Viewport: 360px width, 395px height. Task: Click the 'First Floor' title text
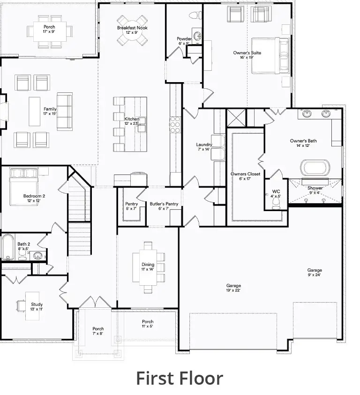[180, 378]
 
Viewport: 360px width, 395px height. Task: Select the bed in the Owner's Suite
[270, 56]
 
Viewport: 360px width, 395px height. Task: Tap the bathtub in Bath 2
[7, 247]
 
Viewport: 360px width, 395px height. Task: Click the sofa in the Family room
[64, 112]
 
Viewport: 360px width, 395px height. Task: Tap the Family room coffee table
[35, 111]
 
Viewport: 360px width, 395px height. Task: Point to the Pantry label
[131, 206]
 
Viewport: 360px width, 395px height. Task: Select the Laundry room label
[204, 147]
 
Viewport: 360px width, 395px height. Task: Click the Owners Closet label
[245, 176]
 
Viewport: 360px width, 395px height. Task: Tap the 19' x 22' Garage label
[233, 288]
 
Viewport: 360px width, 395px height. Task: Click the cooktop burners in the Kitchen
[175, 124]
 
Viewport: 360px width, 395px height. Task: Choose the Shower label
[315, 190]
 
